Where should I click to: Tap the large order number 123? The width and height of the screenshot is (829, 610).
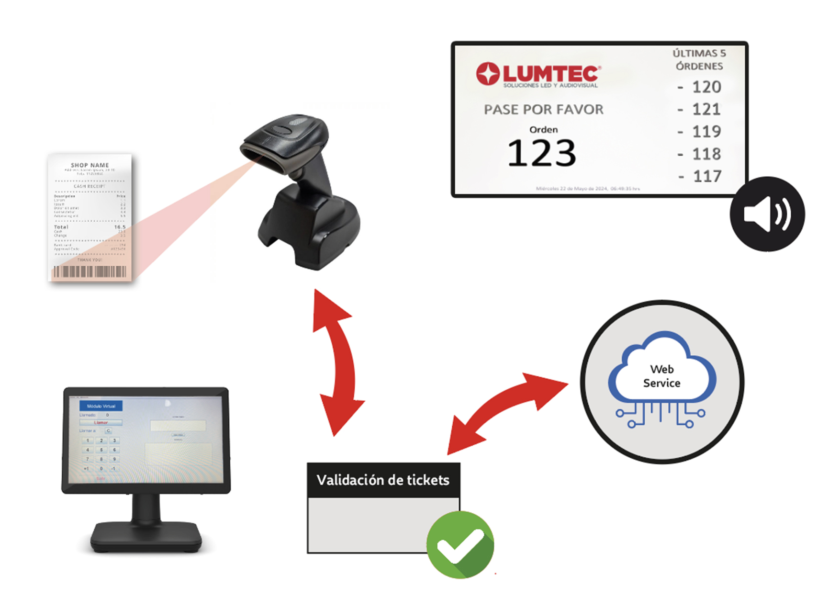pos(541,153)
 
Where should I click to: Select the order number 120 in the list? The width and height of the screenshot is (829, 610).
pos(706,87)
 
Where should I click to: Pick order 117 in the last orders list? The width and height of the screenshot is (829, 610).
pos(706,176)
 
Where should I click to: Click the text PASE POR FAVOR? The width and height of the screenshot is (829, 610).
pos(543,110)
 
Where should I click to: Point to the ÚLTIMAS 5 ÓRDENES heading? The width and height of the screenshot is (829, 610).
pos(699,60)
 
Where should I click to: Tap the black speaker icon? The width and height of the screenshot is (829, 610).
pos(767,214)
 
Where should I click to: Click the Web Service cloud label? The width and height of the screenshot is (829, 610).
pos(661,376)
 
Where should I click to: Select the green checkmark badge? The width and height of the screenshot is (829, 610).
pos(460,545)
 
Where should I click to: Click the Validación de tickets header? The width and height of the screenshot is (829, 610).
pos(383,480)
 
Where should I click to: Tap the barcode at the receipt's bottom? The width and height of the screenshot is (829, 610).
pos(90,271)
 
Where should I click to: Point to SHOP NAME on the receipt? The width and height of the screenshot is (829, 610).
pos(90,165)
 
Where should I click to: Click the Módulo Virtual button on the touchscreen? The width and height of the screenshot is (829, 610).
pos(101,406)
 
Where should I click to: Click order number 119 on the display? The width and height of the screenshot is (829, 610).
pos(706,132)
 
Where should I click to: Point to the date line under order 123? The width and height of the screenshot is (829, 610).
pos(588,189)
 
